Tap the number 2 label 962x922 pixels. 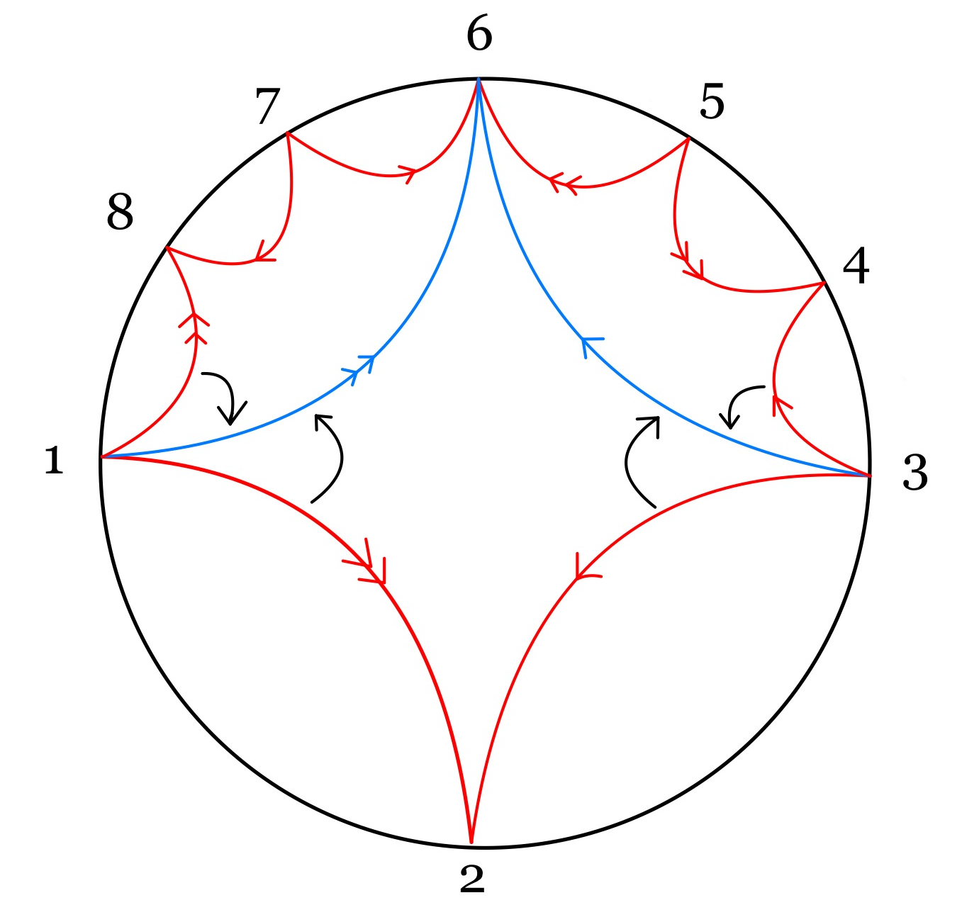click(x=472, y=879)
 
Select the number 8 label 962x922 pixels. click(x=120, y=211)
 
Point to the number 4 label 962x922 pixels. click(x=856, y=267)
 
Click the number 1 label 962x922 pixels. click(x=54, y=461)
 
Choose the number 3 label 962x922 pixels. click(x=915, y=473)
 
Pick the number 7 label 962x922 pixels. click(x=267, y=107)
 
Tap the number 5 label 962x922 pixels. click(x=712, y=102)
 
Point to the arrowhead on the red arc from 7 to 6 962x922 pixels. click(x=408, y=172)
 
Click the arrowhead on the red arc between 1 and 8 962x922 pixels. click(x=193, y=326)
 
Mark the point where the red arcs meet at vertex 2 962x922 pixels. click(x=471, y=843)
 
